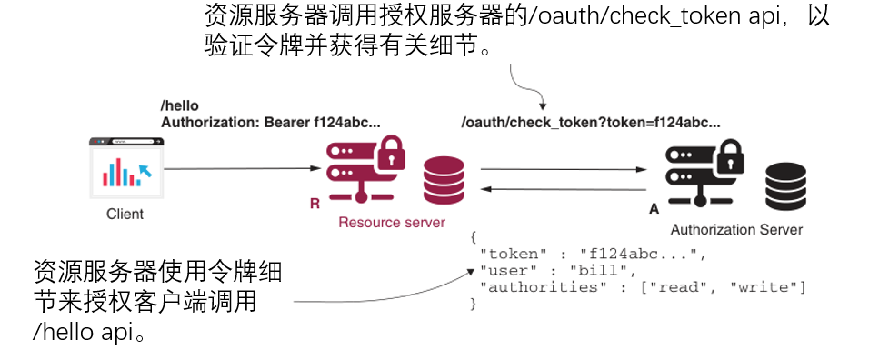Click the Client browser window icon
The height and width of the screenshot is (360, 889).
point(125,167)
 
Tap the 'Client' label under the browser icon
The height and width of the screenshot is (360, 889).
point(125,215)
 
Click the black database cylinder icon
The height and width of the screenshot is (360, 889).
point(784,187)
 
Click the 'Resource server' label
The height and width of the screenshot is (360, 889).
point(392,223)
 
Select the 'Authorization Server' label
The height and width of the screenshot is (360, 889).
point(736,230)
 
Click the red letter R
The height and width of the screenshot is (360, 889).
point(315,205)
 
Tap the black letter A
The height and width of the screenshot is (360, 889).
point(654,209)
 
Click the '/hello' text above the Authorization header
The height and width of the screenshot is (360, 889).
point(179,106)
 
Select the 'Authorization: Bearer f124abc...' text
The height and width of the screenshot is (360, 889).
point(270,122)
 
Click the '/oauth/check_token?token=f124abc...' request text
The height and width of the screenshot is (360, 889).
point(591,123)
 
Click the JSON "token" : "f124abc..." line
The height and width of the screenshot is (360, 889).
point(591,254)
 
